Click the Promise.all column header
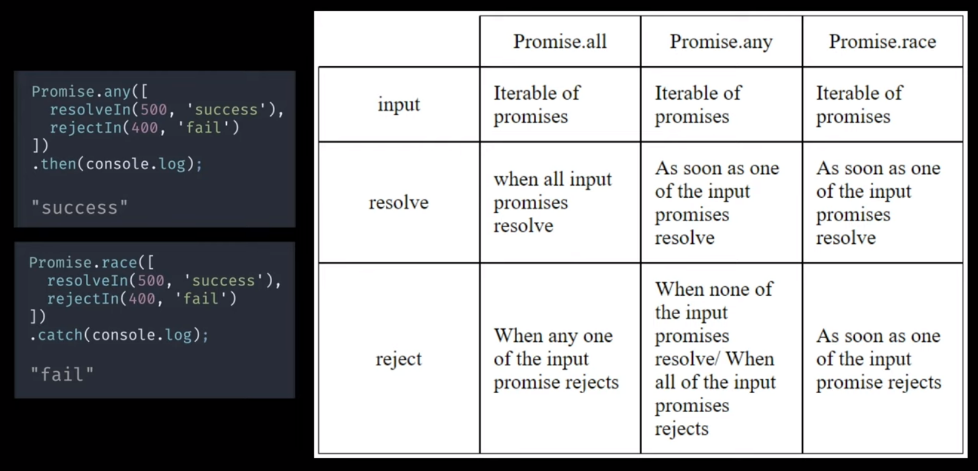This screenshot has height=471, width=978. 559,42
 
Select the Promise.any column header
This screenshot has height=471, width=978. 721,42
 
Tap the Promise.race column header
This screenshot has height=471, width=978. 882,42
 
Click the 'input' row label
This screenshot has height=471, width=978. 399,105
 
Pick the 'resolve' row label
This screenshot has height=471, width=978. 399,202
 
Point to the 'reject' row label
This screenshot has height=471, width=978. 399,359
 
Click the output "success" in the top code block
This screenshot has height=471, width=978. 80,208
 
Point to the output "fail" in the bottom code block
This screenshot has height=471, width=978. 62,374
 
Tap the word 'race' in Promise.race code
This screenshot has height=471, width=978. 119,263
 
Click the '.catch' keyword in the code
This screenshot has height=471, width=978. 56,335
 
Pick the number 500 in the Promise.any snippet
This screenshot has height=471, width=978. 153,110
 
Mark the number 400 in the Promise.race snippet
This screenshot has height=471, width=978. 142,299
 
